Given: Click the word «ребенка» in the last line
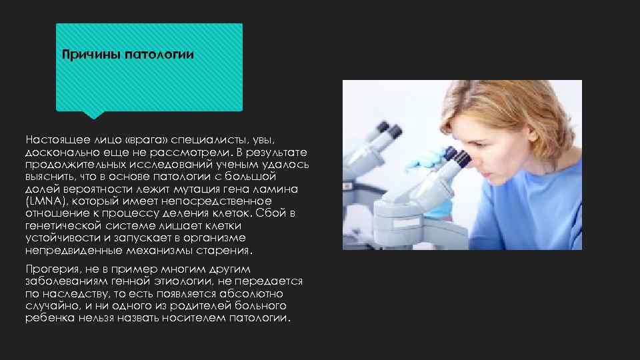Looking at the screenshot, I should click(49, 317).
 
